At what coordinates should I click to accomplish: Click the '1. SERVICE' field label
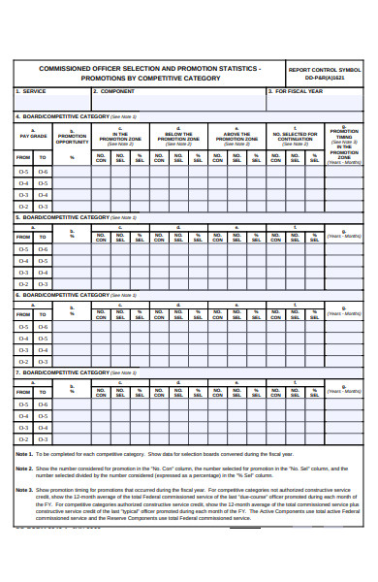[31, 91]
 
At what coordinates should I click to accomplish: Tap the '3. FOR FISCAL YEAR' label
[296, 91]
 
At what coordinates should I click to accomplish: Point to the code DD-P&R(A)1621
[325, 78]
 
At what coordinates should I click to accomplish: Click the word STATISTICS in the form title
[233, 69]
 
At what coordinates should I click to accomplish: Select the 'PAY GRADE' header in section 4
[33, 136]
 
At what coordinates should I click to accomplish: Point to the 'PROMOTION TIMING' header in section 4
[344, 135]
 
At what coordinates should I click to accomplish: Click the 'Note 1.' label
[25, 454]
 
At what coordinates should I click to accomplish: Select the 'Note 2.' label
[25, 469]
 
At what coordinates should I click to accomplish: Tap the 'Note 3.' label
[25, 491]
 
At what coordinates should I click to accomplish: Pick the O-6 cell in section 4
[44, 172]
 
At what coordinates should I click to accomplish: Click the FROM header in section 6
[23, 313]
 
